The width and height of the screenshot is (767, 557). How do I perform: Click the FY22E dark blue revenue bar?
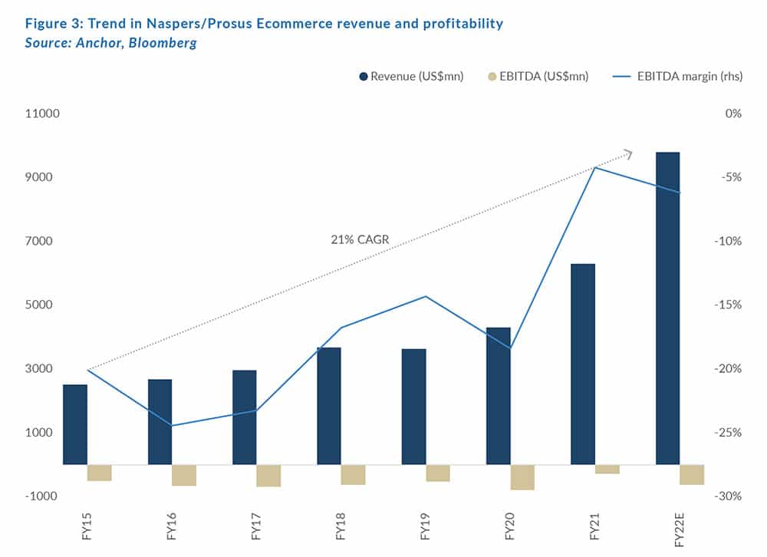[667, 308]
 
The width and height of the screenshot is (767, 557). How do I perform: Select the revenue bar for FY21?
[583, 364]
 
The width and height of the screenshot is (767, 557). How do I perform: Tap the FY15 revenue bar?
[75, 424]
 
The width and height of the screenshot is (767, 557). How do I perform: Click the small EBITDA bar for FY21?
[607, 469]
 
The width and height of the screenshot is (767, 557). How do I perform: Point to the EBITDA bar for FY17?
[268, 476]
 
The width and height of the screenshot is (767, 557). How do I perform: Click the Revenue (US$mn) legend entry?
[410, 76]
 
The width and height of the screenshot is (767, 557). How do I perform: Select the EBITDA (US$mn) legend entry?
[537, 76]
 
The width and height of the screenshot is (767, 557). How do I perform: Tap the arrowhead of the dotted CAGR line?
[628, 153]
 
